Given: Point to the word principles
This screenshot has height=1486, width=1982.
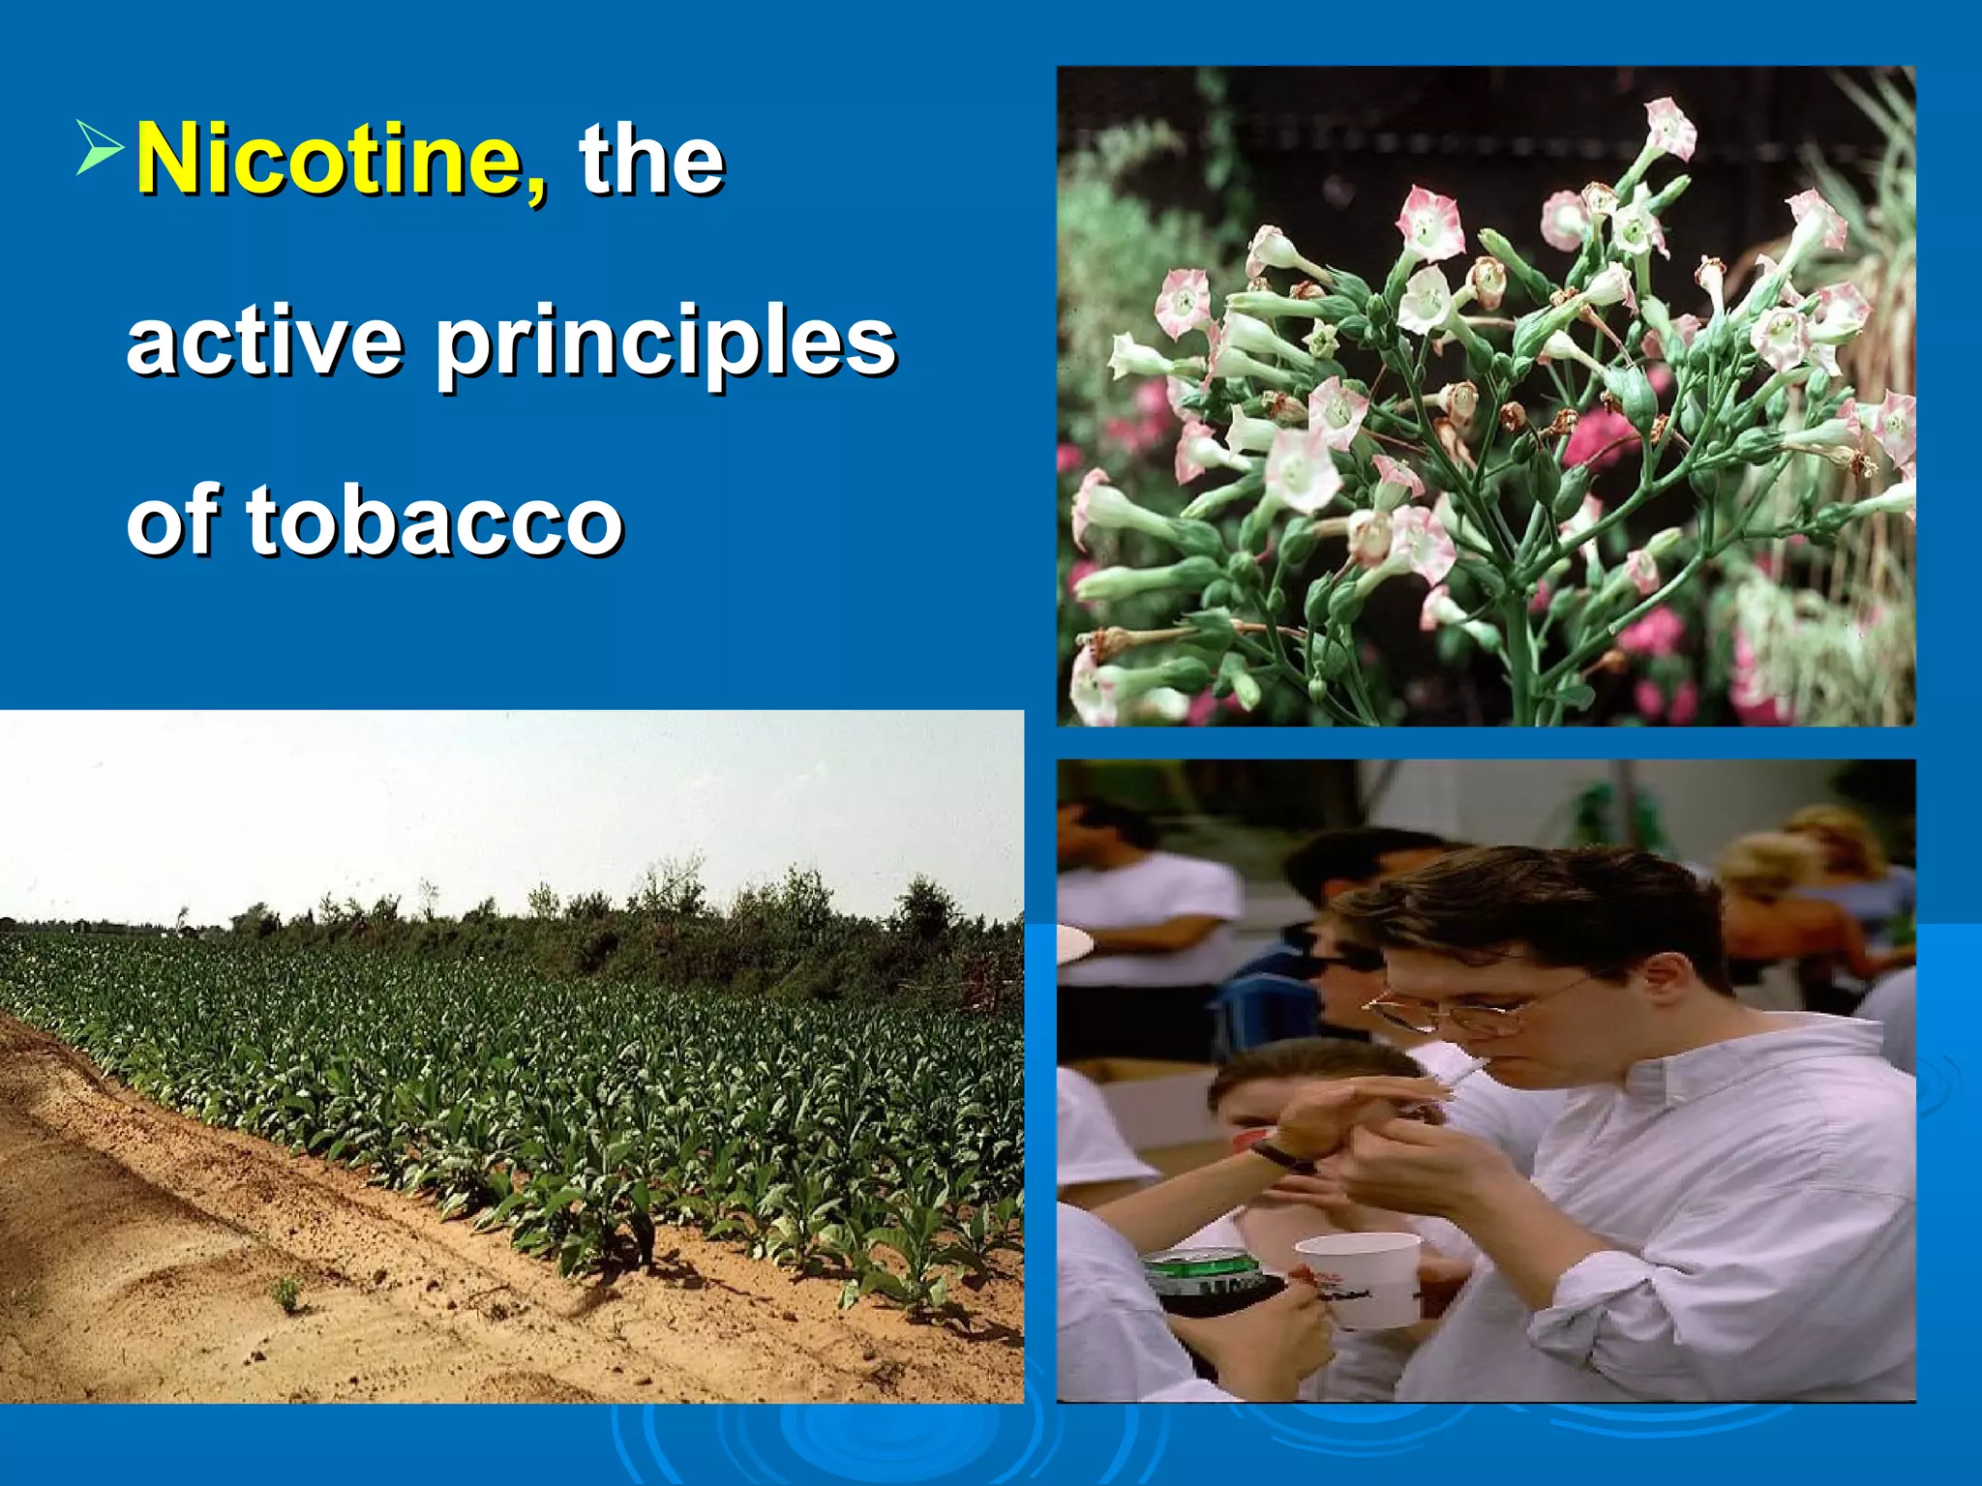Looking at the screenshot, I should [666, 343].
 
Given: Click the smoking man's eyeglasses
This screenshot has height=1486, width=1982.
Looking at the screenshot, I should [1452, 1011].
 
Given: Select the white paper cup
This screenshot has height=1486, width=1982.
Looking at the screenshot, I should [1360, 1277].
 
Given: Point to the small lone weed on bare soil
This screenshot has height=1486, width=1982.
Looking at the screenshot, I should [287, 1292].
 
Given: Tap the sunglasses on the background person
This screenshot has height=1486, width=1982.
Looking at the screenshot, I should [1340, 958].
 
